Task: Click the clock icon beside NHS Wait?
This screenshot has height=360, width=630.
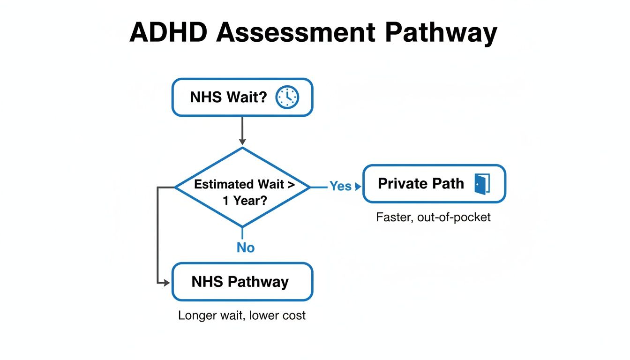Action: (287, 97)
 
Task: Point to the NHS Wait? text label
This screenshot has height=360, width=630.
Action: (228, 97)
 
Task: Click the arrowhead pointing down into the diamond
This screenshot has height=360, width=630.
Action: (242, 141)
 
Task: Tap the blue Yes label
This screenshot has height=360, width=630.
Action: (340, 186)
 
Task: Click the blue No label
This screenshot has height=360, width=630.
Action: (245, 247)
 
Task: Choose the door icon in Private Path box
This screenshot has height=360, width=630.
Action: (482, 183)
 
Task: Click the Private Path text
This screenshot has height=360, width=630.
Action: (420, 183)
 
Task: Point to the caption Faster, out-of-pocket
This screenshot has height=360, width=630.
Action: (433, 217)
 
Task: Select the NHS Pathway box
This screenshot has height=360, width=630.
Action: (242, 282)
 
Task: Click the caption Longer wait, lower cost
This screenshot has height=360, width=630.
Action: (241, 315)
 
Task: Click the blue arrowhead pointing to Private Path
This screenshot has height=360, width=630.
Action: (359, 187)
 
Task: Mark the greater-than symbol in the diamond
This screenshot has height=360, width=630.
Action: (291, 184)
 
